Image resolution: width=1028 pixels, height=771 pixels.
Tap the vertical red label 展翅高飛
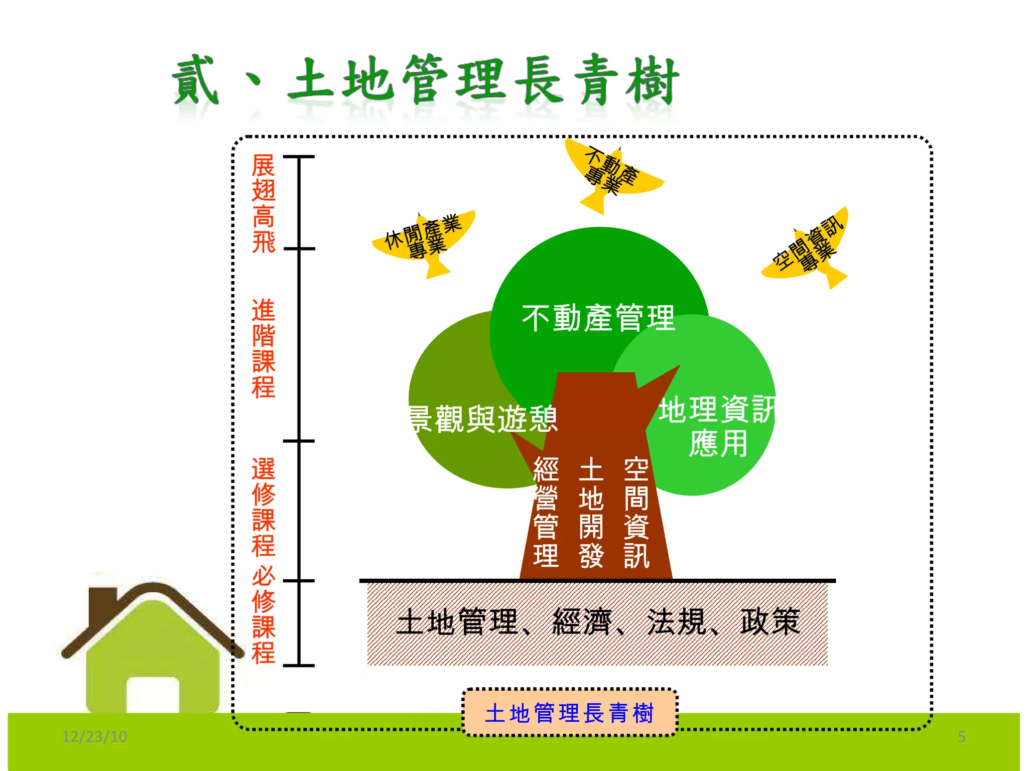264,203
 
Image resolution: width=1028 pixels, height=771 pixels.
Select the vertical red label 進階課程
264,348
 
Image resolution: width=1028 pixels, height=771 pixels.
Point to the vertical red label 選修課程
264,507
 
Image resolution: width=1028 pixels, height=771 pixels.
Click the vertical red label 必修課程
264,615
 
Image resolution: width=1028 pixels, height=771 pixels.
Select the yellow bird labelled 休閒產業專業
424,238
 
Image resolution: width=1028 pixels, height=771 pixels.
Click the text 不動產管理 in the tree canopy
598,318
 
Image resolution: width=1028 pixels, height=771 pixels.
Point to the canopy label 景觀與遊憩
483,419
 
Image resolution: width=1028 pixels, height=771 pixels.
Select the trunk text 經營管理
546,512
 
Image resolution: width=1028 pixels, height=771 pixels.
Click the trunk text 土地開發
591,512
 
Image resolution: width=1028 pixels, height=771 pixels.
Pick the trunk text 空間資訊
636,512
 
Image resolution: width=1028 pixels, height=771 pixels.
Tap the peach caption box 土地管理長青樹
569,713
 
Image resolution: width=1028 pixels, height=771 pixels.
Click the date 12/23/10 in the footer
94,736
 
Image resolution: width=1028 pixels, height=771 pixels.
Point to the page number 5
961,736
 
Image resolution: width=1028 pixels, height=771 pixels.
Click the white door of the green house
153,695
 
